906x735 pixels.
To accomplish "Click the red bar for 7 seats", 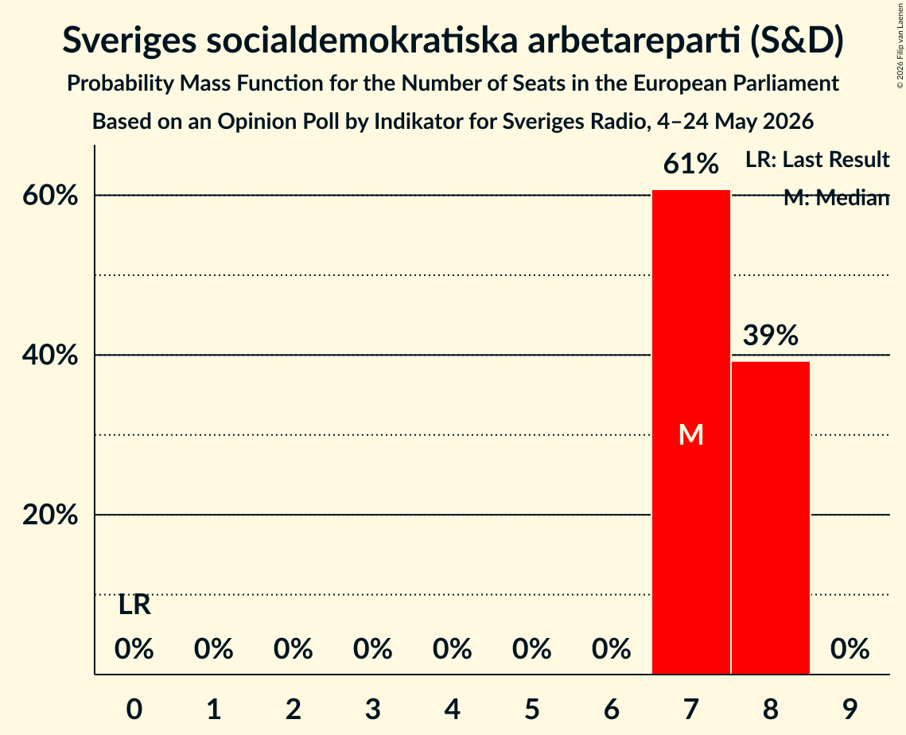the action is click(x=691, y=432).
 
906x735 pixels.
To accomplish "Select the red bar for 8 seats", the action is click(x=771, y=518).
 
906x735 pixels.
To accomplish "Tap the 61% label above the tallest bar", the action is click(x=691, y=164).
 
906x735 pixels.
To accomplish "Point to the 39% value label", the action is click(x=771, y=335).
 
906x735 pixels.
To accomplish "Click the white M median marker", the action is click(x=691, y=434).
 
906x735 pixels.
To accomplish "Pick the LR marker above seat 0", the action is click(x=134, y=605).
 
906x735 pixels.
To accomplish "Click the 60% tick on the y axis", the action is click(x=50, y=196).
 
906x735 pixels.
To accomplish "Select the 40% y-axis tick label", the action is click(x=50, y=355).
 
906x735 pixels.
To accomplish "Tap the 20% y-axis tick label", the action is click(x=50, y=515).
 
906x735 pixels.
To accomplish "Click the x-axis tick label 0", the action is click(x=134, y=709).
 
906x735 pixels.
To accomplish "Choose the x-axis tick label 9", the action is click(x=850, y=709).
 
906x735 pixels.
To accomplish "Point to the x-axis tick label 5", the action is click(x=531, y=709).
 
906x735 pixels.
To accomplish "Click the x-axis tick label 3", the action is click(x=373, y=709).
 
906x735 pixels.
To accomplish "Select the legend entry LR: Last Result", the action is click(x=817, y=159).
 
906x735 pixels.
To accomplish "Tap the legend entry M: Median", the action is click(x=836, y=197).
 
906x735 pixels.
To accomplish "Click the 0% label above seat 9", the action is click(x=850, y=649).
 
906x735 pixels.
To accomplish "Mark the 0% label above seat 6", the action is click(x=612, y=649).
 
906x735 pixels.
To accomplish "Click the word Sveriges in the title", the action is click(x=130, y=41).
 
